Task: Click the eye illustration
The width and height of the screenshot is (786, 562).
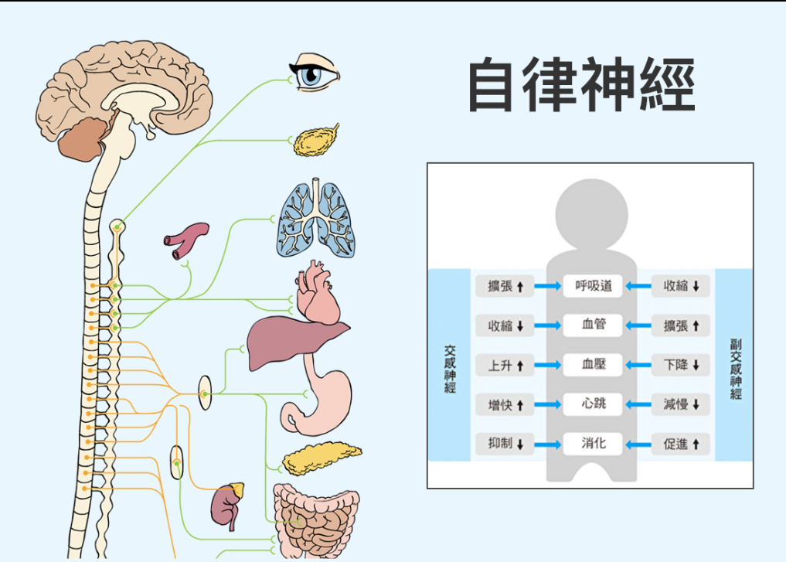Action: [315, 74]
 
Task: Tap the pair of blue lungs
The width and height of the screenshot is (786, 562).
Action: [315, 220]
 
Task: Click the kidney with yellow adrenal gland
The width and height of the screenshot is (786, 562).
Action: [227, 503]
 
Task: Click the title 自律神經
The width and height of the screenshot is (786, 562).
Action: [582, 84]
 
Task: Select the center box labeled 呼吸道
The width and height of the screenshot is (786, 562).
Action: [594, 286]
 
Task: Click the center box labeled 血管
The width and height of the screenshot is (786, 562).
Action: [594, 325]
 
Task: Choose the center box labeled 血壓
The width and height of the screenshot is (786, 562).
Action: [594, 365]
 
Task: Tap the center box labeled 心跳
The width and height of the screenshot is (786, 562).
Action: [594, 404]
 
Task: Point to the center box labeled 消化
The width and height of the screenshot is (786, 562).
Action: [594, 444]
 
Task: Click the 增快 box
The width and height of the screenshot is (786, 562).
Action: [505, 404]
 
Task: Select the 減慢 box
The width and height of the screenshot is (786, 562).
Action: [681, 404]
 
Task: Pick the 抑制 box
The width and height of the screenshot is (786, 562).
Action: [505, 444]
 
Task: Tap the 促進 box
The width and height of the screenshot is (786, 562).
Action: [681, 444]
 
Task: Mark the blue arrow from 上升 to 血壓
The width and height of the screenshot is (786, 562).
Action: [548, 365]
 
